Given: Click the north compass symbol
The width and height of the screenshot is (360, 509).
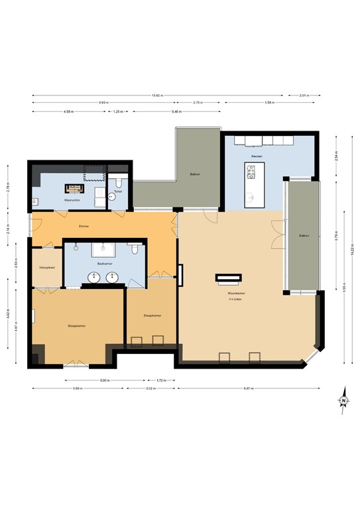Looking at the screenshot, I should coord(343,400).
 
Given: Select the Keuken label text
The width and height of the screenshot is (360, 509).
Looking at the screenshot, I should coord(257,156).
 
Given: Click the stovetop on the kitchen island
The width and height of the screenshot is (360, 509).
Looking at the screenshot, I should coord(251,174).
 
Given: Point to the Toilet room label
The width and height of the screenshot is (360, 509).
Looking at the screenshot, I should coord(118,192).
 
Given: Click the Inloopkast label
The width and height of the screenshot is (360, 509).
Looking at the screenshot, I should coord(46,268).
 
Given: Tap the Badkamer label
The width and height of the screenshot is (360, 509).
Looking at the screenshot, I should coord(103,263).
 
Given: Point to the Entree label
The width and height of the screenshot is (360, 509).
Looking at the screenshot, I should coord(84,226).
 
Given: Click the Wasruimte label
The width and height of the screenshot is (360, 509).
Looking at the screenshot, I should coord(72,199).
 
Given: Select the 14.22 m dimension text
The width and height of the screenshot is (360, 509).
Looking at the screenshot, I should coord(345,261).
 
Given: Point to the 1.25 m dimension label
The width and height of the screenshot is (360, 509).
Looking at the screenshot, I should coord(118,111).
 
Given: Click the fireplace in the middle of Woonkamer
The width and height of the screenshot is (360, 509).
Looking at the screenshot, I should coord(226,278).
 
